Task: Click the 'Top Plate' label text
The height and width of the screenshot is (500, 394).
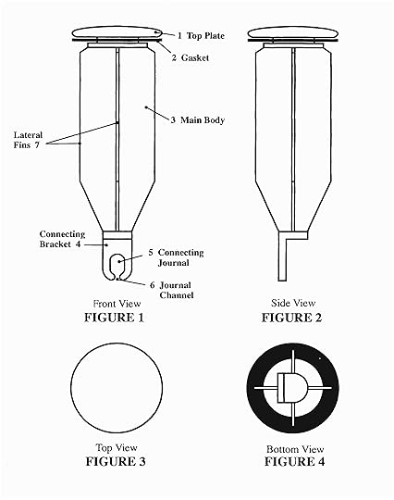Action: click(205, 36)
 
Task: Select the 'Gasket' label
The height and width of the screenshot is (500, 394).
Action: click(195, 57)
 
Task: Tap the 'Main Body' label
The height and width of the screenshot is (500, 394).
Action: click(203, 120)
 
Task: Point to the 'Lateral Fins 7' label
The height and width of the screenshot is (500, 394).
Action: click(28, 140)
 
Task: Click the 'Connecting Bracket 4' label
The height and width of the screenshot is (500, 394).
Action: click(62, 239)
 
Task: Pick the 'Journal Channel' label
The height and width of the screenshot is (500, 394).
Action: click(177, 290)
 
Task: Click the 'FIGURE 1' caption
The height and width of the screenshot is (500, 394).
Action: click(114, 318)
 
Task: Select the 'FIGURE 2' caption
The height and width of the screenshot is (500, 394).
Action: click(291, 318)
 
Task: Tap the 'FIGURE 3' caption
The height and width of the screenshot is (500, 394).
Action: click(116, 461)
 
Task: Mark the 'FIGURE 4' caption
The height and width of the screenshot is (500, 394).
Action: click(295, 461)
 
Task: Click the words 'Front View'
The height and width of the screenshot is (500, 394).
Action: click(117, 304)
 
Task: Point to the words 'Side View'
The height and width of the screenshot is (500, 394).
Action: click(293, 303)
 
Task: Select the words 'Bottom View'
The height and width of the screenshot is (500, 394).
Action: click(295, 449)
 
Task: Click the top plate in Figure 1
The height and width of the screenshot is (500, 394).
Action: click(117, 32)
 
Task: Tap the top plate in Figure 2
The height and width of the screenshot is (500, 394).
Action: click(292, 32)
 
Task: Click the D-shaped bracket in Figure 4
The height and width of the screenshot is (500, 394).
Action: click(292, 388)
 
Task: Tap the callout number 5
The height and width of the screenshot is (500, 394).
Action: click(151, 253)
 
